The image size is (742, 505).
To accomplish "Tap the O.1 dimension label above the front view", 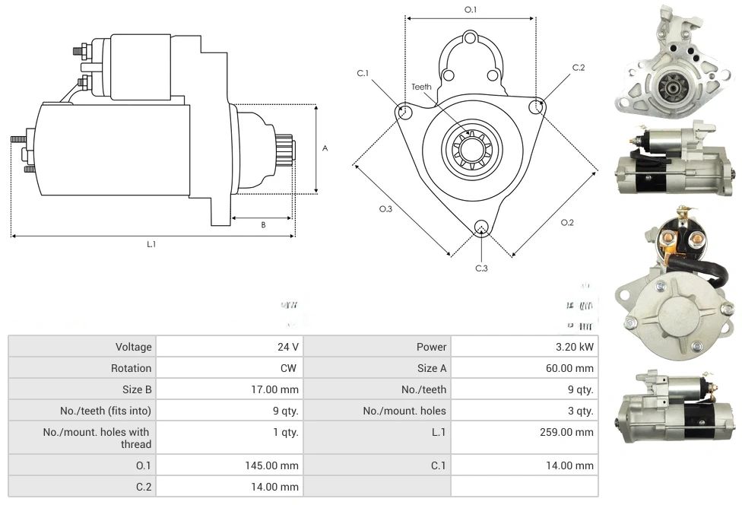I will (x=471, y=10).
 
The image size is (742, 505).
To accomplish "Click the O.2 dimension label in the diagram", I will (x=567, y=222).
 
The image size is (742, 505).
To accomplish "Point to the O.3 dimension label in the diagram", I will (x=385, y=210).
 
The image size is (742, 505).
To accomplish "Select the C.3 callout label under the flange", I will (x=481, y=268).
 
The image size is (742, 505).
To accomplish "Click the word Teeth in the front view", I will (x=421, y=87).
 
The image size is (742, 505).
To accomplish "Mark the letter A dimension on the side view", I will (x=325, y=148).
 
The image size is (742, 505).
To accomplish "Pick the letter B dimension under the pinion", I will (x=263, y=224).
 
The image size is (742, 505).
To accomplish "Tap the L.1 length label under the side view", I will (x=151, y=244).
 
